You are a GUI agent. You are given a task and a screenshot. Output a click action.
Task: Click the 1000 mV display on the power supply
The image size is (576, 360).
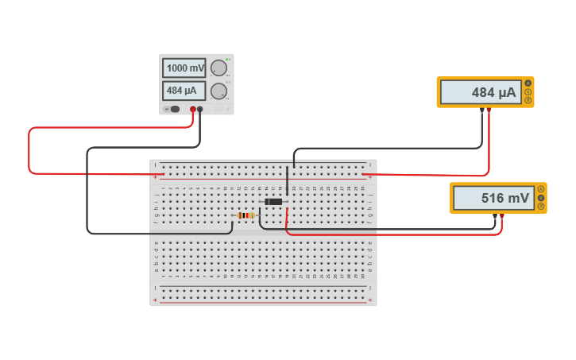pyautogui.click(x=184, y=68)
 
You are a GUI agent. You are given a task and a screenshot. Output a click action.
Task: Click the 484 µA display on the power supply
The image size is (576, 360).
pyautogui.click(x=184, y=91)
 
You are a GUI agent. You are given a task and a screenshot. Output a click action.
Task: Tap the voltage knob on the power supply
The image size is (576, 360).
pyautogui.click(x=218, y=68)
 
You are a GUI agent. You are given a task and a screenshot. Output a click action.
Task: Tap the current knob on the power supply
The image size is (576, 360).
pyautogui.click(x=218, y=91)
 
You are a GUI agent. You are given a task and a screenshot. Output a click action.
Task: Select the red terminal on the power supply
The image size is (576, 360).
pyautogui.click(x=192, y=109)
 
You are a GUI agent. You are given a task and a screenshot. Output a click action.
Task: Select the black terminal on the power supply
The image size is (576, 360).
pyautogui.click(x=200, y=109)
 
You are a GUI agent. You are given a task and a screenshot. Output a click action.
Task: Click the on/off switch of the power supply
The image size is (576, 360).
pyautogui.click(x=174, y=109)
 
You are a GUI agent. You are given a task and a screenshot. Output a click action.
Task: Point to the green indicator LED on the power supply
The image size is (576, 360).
pyautogui.click(x=227, y=60)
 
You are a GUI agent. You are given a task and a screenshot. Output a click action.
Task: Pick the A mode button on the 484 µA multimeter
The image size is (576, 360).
pyautogui.click(x=528, y=83)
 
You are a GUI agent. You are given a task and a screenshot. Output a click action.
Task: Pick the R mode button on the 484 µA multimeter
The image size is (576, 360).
pyautogui.click(x=528, y=100)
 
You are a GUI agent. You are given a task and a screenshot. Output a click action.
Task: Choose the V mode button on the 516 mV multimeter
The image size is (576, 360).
pyautogui.click(x=541, y=198)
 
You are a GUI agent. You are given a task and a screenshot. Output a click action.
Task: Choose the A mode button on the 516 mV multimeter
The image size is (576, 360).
pyautogui.click(x=541, y=189)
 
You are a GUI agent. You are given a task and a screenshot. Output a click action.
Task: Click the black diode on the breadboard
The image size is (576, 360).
pyautogui.click(x=273, y=202)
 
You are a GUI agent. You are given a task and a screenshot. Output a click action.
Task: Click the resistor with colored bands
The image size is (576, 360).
pyautogui.click(x=246, y=215)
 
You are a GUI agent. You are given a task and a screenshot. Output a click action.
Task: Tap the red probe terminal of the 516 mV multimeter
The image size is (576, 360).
pyautogui.click(x=501, y=215)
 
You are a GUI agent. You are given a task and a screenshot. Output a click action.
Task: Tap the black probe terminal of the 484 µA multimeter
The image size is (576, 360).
pyautogui.click(x=481, y=110)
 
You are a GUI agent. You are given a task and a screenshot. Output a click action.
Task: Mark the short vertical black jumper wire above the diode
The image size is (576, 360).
pyautogui.click(x=287, y=181)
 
